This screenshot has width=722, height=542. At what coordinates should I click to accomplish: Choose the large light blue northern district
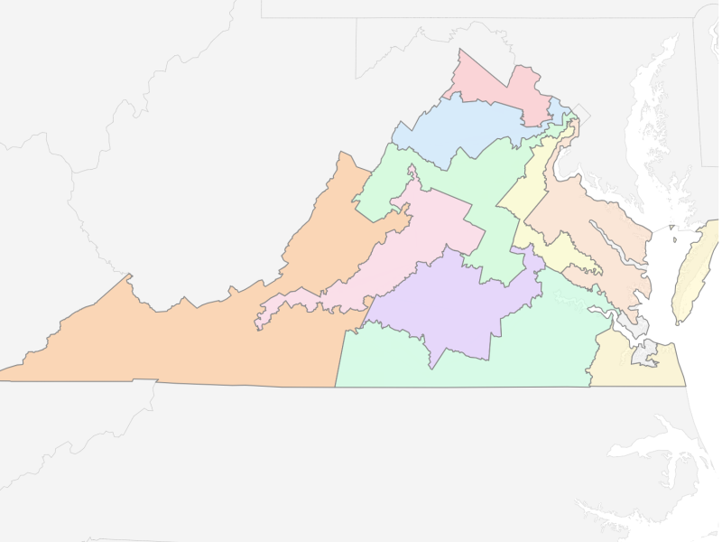pos(460,126)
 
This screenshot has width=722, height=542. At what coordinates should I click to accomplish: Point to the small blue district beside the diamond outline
pos(559,111)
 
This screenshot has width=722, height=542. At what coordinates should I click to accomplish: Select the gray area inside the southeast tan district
pos(644,353)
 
